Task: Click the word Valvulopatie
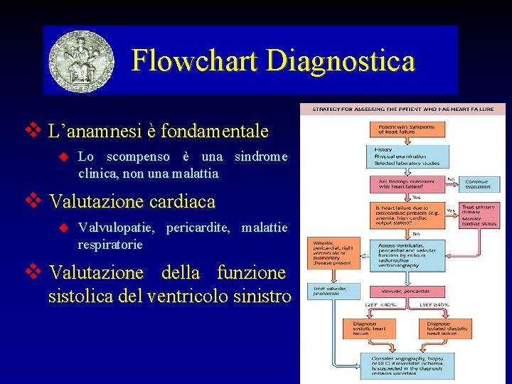point(116,228)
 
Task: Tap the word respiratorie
point(110,245)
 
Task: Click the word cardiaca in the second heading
point(182,202)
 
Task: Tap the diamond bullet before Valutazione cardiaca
point(31,201)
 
